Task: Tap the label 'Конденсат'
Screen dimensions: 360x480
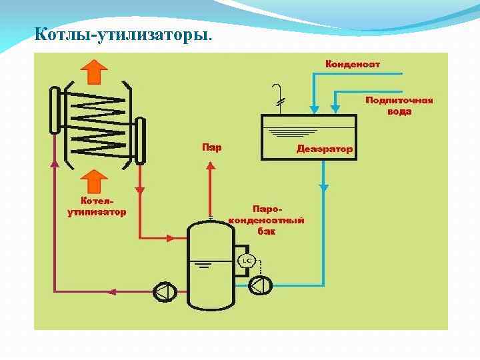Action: pyautogui.click(x=352, y=65)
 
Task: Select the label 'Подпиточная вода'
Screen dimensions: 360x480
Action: pyautogui.click(x=399, y=106)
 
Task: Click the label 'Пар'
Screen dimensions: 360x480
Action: pyautogui.click(x=211, y=147)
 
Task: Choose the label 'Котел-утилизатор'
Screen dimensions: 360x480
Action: pyautogui.click(x=97, y=206)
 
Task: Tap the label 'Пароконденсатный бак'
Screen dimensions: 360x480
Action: pyautogui.click(x=267, y=219)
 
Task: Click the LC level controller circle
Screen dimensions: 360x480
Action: pyautogui.click(x=247, y=259)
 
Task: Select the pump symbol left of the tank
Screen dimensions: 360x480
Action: pyautogui.click(x=164, y=291)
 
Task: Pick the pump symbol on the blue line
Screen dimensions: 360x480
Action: pyautogui.click(x=259, y=285)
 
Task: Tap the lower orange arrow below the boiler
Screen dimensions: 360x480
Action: pyautogui.click(x=94, y=181)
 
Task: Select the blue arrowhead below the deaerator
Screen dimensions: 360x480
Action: pyautogui.click(x=323, y=188)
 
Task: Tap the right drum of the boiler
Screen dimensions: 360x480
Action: pyautogui.click(x=140, y=140)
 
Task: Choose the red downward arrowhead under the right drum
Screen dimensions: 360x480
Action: pyautogui.click(x=140, y=189)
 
